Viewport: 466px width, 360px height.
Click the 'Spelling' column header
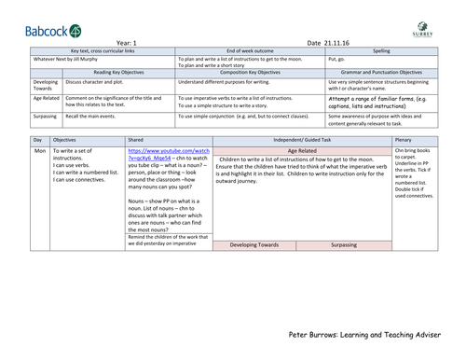tap(381, 50)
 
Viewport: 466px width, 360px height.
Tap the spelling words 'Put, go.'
tap(337, 59)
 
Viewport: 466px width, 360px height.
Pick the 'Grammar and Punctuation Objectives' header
tap(381, 72)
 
